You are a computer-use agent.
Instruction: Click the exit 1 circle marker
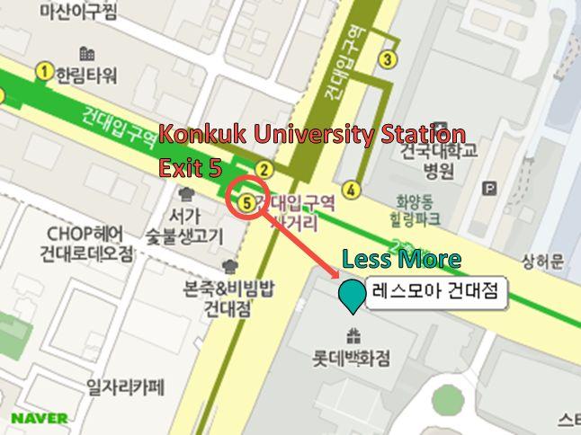[x=43, y=71]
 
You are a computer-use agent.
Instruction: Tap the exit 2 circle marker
[x=264, y=169]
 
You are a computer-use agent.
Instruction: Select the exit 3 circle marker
[x=387, y=60]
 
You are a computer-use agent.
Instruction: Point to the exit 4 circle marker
[x=351, y=190]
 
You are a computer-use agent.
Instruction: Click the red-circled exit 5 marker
[x=246, y=201]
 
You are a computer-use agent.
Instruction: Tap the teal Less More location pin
[x=351, y=295]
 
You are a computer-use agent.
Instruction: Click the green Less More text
[x=401, y=261]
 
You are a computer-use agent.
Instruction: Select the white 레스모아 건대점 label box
[x=435, y=292]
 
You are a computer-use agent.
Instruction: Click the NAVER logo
[x=39, y=418]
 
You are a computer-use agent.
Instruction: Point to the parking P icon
[x=488, y=189]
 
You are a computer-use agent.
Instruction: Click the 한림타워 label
[x=86, y=75]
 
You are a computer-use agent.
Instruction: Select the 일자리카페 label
[x=126, y=388]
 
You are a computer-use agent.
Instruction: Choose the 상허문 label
[x=543, y=262]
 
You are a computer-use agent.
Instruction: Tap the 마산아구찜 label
[x=77, y=12]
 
